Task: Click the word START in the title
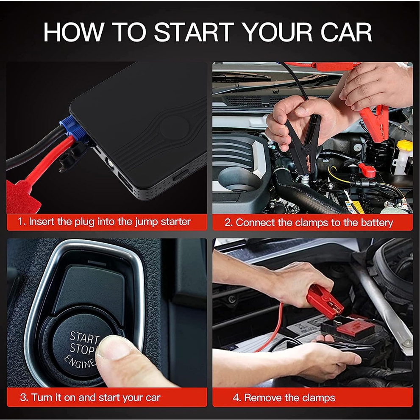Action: (x=194, y=32)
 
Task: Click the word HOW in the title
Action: (x=73, y=32)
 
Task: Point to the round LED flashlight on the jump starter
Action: (x=110, y=162)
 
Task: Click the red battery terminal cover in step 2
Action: (x=367, y=170)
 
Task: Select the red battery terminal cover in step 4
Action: (x=355, y=328)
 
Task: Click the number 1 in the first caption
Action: (x=20, y=222)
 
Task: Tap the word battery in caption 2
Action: (x=377, y=223)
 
